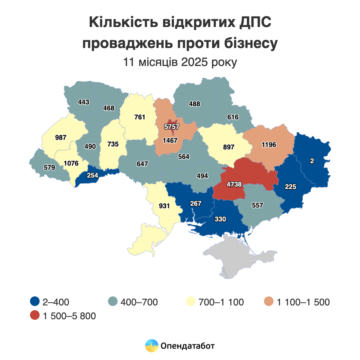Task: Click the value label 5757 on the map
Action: point(172,127)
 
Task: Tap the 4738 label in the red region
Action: point(234,184)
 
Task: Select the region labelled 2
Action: point(312,161)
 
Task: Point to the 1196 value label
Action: point(269,145)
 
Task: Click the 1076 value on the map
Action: point(71,163)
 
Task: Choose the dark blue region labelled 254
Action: point(92,175)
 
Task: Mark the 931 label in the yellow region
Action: point(164,206)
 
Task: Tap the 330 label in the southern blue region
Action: point(220,219)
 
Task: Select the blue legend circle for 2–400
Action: point(35,301)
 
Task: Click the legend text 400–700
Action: point(139,302)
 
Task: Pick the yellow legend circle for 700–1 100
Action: point(191,301)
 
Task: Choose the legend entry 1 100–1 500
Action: point(303,302)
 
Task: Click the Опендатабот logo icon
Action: point(151,346)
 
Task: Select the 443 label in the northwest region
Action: point(83,102)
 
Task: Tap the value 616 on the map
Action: point(233,117)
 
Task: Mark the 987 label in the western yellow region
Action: point(61,138)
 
